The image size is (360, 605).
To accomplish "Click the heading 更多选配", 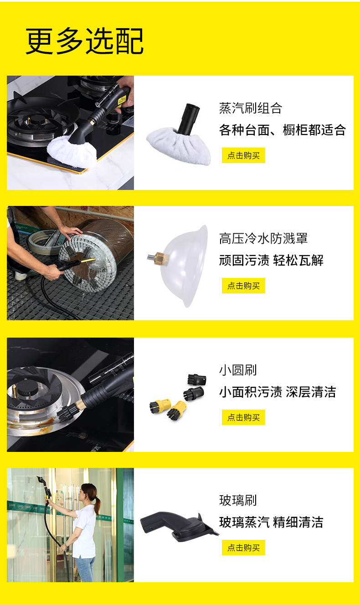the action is click(x=84, y=41).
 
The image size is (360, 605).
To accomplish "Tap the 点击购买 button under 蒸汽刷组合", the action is click(x=243, y=155).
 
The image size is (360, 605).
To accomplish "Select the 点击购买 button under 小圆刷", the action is click(x=243, y=417).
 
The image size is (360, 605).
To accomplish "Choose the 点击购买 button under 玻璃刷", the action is click(x=243, y=548).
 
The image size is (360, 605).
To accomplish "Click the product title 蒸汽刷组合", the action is click(x=251, y=108).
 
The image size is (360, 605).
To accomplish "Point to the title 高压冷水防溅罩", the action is click(x=263, y=238).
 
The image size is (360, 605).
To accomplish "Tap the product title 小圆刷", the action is click(x=238, y=370).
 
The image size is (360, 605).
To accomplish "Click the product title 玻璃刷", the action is click(x=238, y=500).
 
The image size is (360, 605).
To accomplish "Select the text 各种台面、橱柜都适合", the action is click(x=283, y=130).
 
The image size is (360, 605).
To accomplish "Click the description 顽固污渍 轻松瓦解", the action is click(x=271, y=261).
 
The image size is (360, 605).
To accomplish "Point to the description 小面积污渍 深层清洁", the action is click(x=278, y=392).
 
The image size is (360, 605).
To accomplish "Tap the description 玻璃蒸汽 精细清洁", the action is click(x=271, y=522).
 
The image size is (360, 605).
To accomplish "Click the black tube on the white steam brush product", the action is click(x=188, y=118).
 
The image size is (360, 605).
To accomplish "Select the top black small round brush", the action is click(x=197, y=379).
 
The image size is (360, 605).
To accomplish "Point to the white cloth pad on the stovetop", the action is click(x=72, y=151).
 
